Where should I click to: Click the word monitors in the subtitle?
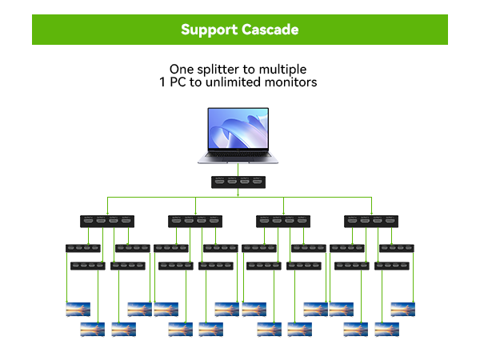[x=291, y=83]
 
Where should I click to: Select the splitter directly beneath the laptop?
[x=238, y=182]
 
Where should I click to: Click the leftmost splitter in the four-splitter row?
[x=106, y=221]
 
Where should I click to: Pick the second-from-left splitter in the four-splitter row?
[x=194, y=221]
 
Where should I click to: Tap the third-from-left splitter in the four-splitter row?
[x=282, y=221]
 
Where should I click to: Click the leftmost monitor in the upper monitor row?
[x=78, y=309]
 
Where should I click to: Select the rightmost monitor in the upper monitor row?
[x=403, y=309]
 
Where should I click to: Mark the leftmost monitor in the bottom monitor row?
[x=92, y=328]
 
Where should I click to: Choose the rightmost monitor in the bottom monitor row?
[x=387, y=328]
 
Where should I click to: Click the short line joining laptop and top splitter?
[x=238, y=170]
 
